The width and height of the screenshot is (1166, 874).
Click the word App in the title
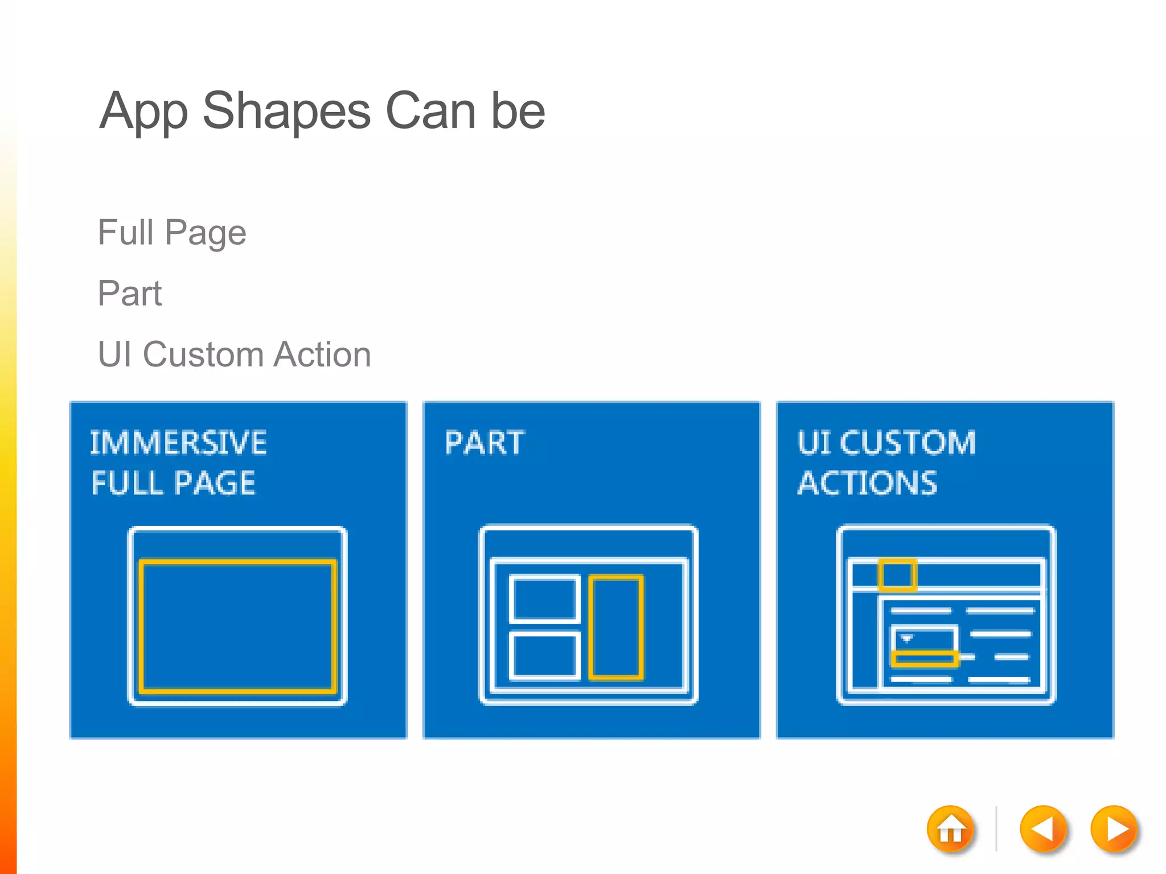pos(143,113)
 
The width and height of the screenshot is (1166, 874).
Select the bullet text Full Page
pos(172,233)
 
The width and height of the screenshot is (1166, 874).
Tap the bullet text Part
pos(130,294)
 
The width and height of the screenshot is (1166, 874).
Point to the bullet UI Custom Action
pos(234,354)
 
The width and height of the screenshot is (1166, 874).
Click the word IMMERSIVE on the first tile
pos(178,443)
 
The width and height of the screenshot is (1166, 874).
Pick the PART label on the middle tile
pos(485,443)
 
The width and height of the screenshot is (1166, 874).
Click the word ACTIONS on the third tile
pos(867,484)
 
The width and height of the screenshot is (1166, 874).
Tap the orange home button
pos(950,830)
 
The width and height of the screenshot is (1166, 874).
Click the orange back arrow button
pos(1042,830)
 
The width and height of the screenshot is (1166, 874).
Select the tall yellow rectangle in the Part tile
pos(616,628)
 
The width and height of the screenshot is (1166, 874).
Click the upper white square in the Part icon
pos(544,599)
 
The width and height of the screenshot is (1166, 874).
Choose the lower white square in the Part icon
pos(544,655)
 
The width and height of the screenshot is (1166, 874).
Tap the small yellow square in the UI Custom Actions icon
pos(897,575)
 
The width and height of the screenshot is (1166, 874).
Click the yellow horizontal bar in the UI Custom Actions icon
pos(925,659)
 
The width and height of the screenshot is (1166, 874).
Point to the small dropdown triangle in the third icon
pos(907,638)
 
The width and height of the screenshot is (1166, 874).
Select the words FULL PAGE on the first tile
pos(174,484)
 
